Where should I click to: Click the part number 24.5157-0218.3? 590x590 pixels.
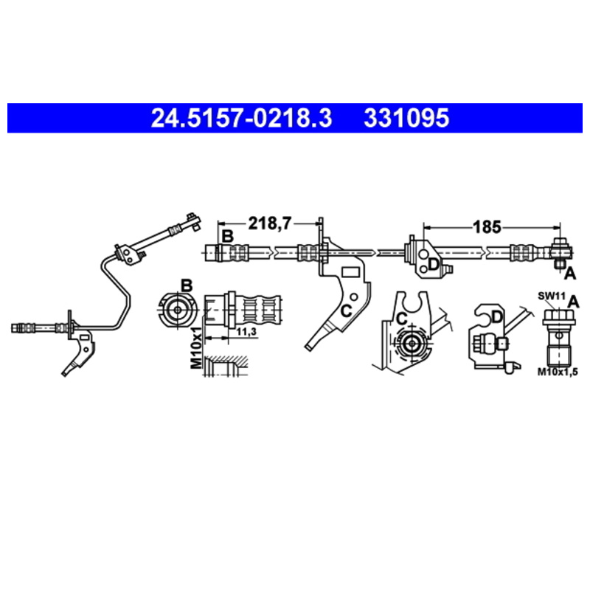click(x=241, y=118)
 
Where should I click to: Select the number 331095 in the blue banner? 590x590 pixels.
click(x=406, y=118)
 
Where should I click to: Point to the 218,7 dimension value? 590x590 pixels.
click(x=269, y=223)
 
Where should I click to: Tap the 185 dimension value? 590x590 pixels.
click(x=487, y=227)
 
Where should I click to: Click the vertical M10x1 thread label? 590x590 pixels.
click(x=196, y=347)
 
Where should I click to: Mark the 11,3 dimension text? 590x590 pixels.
click(x=246, y=331)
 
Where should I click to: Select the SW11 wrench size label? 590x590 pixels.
click(x=552, y=296)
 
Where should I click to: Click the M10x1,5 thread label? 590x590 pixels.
click(x=558, y=372)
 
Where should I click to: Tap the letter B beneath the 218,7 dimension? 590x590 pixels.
click(x=228, y=237)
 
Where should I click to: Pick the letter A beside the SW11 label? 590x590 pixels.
click(x=574, y=301)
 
